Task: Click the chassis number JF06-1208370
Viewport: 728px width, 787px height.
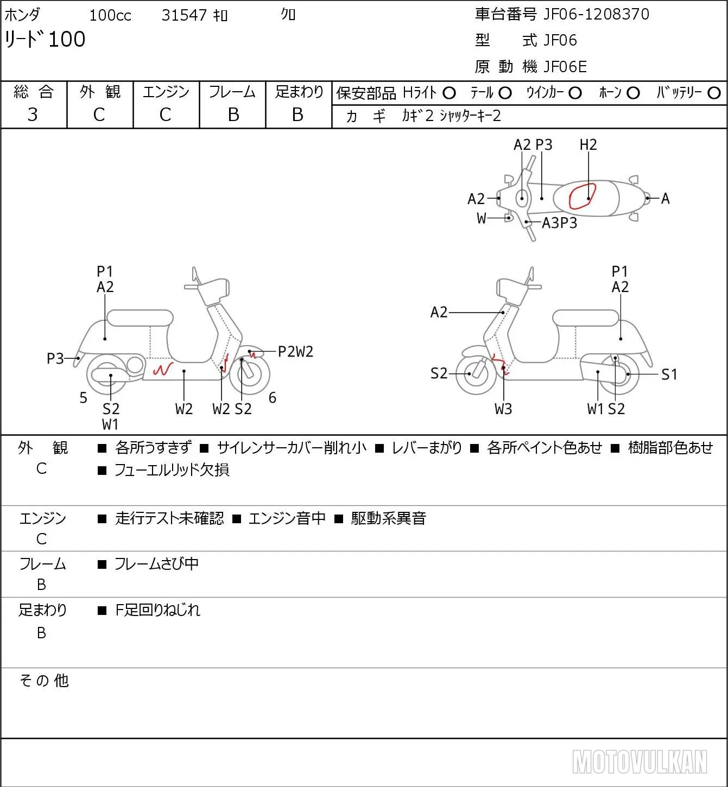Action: tap(596, 14)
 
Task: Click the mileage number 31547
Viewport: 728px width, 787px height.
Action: tap(184, 15)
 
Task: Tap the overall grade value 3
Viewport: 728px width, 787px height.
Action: tap(33, 115)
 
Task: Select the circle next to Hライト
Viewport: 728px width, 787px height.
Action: tap(449, 93)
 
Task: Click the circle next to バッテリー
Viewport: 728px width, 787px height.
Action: tap(714, 93)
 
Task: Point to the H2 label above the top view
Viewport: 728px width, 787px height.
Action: tap(588, 144)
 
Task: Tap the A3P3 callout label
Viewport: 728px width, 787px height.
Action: tap(560, 223)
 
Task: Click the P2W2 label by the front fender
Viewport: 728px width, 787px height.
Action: tap(295, 352)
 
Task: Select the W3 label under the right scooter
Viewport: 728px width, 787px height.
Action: tap(503, 409)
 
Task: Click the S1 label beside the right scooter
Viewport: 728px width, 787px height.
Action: tap(669, 374)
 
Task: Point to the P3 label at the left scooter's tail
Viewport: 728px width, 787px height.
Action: tap(55, 358)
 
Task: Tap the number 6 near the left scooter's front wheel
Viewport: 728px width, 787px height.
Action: tap(273, 397)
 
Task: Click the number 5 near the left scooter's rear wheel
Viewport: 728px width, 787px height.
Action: tap(83, 397)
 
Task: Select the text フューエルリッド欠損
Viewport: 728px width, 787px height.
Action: tap(172, 470)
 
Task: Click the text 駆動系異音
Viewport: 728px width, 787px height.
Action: tap(389, 518)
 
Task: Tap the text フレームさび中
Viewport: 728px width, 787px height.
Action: tap(157, 563)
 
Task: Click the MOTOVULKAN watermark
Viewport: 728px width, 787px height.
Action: tap(640, 761)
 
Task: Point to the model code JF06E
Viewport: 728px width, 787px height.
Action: tap(565, 67)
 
